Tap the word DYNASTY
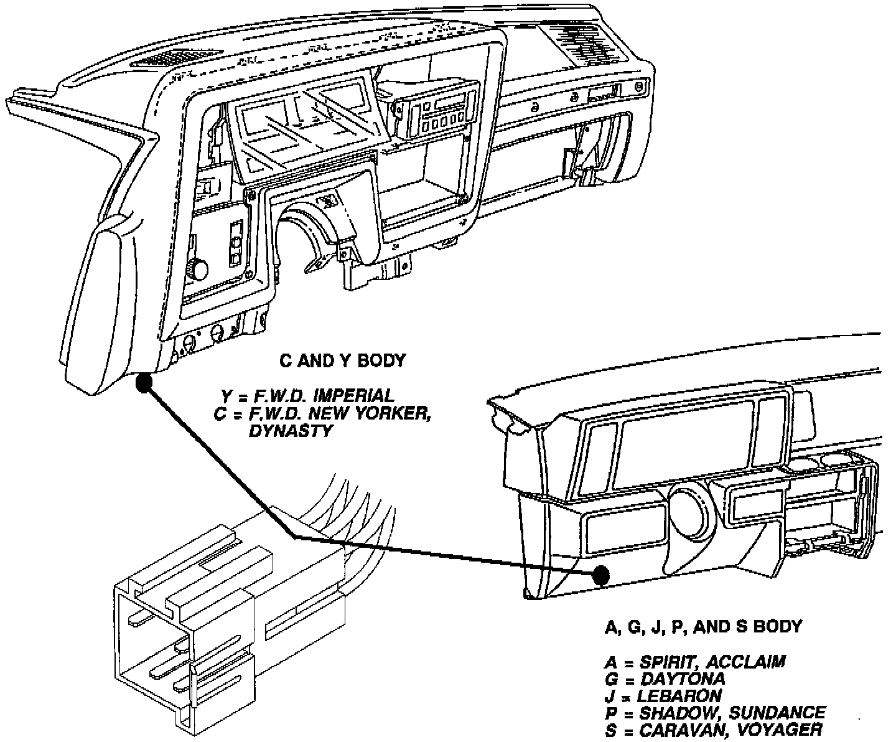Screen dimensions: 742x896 pos(291,431)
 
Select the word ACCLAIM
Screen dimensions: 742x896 pos(745,661)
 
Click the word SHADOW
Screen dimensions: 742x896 pos(679,713)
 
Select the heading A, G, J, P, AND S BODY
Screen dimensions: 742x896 pos(703,626)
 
